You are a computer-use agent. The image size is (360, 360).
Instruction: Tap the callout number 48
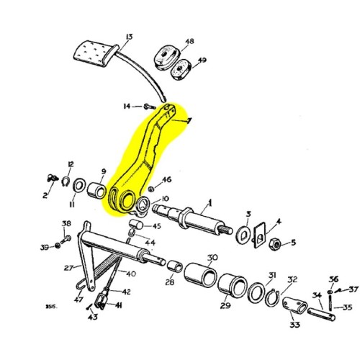189,42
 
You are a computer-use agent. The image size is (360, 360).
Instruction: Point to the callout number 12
71,164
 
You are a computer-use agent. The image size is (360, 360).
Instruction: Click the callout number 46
166,179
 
